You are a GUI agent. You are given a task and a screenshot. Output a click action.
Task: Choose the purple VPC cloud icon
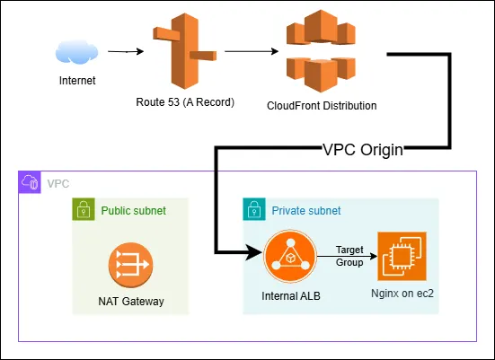coord(29,182)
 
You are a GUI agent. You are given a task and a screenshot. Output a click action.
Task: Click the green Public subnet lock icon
coord(83,210)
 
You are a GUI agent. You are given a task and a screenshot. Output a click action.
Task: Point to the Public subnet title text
coord(133,210)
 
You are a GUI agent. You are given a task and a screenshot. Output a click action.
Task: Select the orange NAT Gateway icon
coord(130,265)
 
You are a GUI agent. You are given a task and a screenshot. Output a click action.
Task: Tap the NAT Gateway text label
coord(130,302)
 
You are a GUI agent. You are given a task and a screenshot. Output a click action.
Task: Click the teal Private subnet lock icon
coord(253,210)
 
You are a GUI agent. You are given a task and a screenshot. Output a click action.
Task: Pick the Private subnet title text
coord(305,210)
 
